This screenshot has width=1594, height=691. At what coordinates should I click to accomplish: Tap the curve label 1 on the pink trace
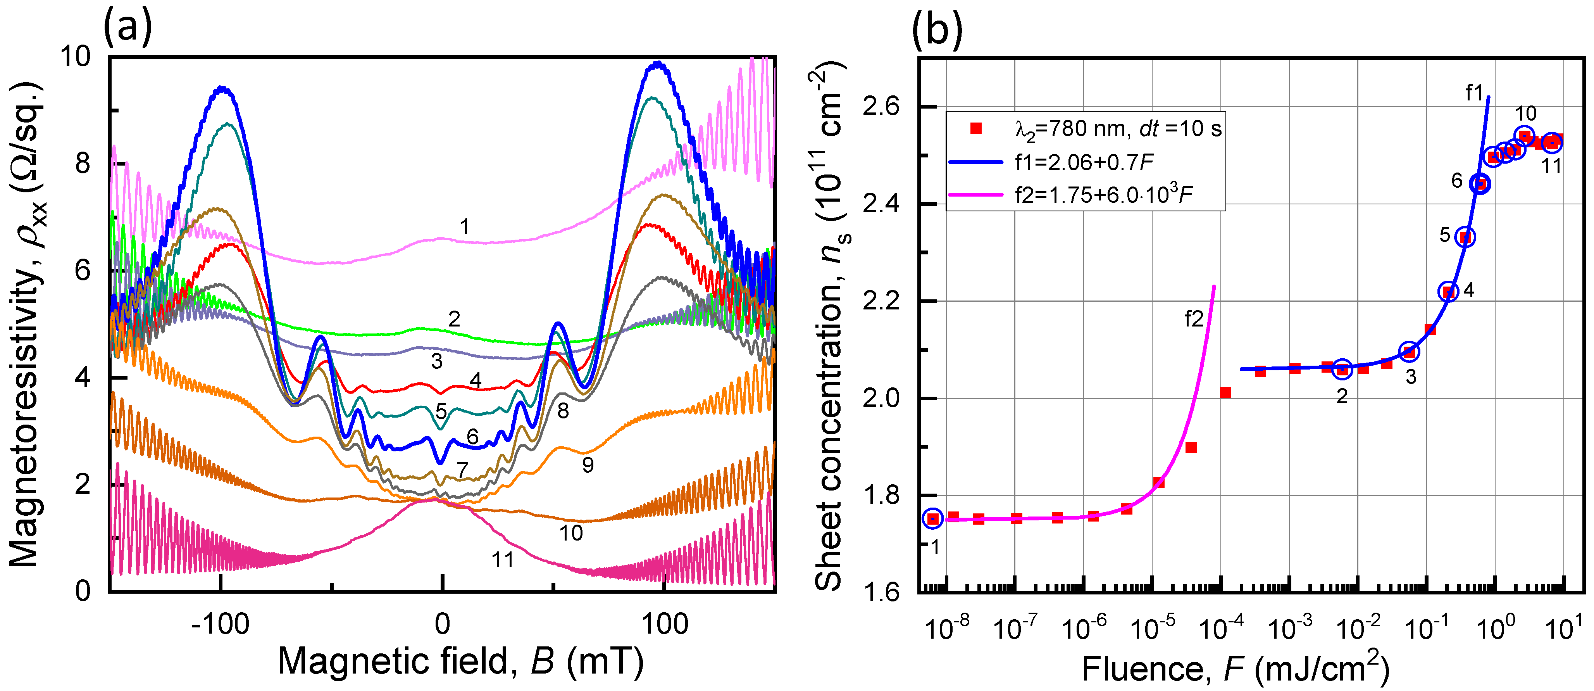click(464, 227)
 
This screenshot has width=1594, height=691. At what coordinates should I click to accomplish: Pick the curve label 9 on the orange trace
click(588, 465)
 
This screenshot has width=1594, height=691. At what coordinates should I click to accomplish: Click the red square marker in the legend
click(976, 128)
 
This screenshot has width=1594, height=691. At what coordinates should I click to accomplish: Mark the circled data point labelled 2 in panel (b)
click(1342, 369)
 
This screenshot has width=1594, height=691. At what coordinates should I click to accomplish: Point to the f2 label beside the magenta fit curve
click(1194, 320)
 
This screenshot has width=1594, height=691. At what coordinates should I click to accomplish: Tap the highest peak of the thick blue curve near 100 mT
click(657, 63)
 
